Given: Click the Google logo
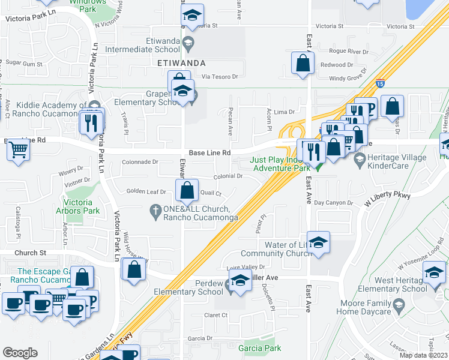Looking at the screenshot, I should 20,353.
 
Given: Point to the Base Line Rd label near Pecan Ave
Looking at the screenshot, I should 209,153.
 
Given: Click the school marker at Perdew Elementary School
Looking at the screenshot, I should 240,281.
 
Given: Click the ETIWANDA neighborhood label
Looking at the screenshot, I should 181,62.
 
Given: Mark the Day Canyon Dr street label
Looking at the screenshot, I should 333,203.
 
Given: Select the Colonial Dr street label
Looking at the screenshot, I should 228,176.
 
